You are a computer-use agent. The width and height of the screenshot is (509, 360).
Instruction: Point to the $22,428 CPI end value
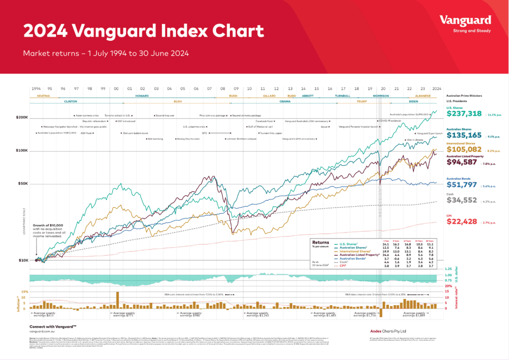[461, 222]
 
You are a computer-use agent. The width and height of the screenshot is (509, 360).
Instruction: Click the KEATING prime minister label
[43, 96]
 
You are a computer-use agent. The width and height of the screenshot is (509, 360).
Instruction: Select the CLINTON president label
[70, 102]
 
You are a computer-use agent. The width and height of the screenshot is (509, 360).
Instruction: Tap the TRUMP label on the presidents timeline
[361, 102]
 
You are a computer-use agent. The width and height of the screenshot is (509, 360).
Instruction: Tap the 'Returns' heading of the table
[320, 242]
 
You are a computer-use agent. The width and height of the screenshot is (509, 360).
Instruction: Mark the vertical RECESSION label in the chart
[380, 204]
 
